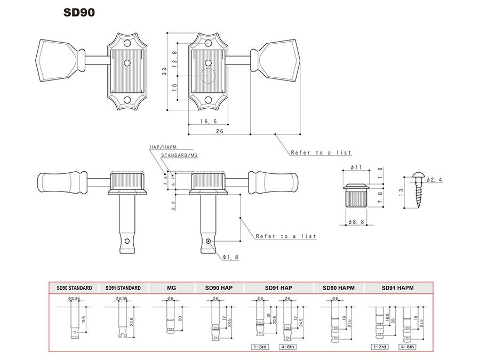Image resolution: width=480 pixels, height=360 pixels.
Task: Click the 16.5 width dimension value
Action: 209,122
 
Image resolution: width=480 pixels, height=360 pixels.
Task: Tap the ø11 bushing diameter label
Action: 356,167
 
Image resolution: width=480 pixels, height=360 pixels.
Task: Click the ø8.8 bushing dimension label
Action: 356,221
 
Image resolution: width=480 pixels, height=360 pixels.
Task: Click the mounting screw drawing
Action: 420,191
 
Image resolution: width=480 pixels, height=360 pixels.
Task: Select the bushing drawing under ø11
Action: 356,195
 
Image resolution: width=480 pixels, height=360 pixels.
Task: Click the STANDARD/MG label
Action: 179,155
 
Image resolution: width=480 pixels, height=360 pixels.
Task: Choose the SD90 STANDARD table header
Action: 74,288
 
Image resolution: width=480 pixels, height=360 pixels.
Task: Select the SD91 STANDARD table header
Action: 123,288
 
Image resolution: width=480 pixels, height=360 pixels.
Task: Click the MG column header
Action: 171,288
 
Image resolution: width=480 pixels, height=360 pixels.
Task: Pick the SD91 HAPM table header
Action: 398,288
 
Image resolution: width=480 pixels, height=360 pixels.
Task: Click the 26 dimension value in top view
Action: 219,131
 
